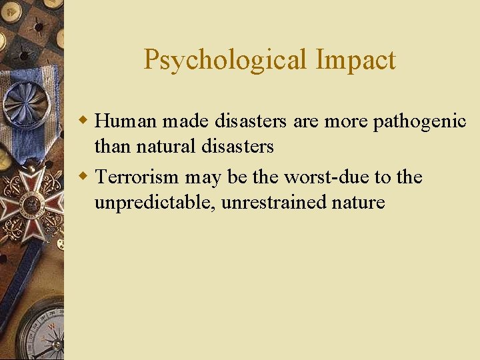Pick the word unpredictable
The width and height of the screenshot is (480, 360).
(x=155, y=202)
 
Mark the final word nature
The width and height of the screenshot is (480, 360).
(x=359, y=202)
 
